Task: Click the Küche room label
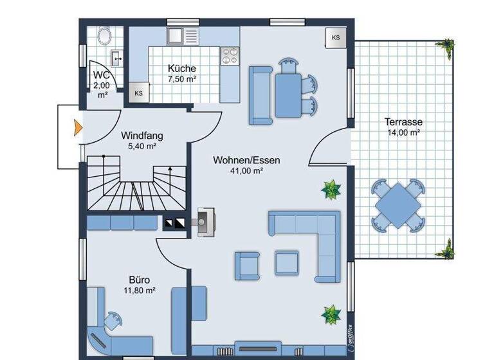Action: pyautogui.click(x=182, y=69)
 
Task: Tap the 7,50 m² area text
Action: pyautogui.click(x=182, y=79)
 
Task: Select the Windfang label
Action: pyautogui.click(x=142, y=136)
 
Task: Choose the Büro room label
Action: pyautogui.click(x=139, y=280)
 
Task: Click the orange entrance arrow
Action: pyautogui.click(x=77, y=127)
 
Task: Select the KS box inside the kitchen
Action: pyautogui.click(x=138, y=93)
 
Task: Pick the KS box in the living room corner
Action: pyautogui.click(x=336, y=37)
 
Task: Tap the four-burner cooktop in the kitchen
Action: pyautogui.click(x=229, y=57)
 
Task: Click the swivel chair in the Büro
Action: pyautogui.click(x=114, y=319)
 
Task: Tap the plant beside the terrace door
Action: pyautogui.click(x=331, y=190)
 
